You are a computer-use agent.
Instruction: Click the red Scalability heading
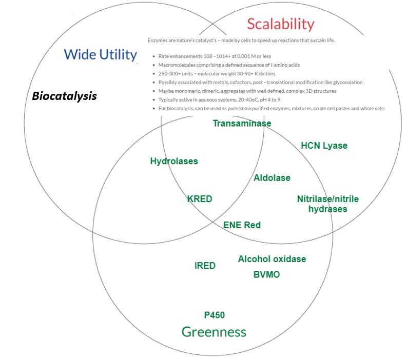coord(280,24)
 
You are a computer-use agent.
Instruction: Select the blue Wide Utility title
coord(101,54)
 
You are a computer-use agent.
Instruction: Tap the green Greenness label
coord(214,332)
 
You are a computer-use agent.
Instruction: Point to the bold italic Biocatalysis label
coord(64,96)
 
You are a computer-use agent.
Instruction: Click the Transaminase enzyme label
coord(242,123)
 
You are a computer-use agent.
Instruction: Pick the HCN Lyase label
coord(324,146)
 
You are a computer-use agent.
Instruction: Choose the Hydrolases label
coord(174,161)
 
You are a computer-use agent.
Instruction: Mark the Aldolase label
coord(272,178)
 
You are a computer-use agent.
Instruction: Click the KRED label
coord(200,199)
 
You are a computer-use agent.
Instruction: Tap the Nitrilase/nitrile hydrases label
coord(328,204)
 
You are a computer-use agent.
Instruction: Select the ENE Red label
coord(242,225)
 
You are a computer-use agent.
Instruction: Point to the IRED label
coord(205,266)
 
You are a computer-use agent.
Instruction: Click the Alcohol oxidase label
coord(272,259)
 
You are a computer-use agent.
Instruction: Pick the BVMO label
coord(267,274)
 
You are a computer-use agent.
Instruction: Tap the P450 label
coord(215,315)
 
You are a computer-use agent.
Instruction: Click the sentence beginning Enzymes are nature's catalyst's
coord(241,41)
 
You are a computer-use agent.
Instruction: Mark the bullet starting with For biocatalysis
coord(272,108)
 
